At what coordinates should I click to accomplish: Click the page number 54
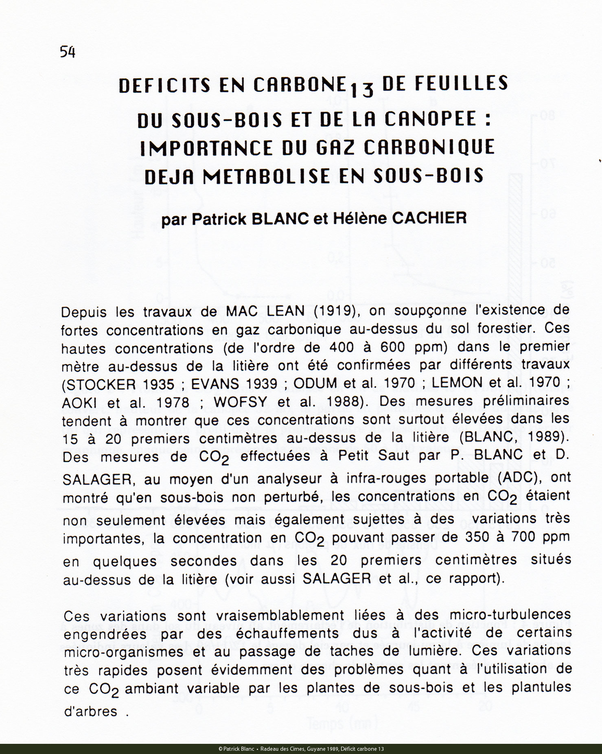tap(68, 52)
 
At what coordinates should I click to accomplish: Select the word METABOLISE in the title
tap(266, 176)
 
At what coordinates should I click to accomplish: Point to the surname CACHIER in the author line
tap(429, 219)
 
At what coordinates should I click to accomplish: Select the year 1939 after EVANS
tap(261, 384)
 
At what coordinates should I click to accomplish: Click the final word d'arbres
tap(91, 711)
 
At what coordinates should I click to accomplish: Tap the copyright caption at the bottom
tap(301, 749)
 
